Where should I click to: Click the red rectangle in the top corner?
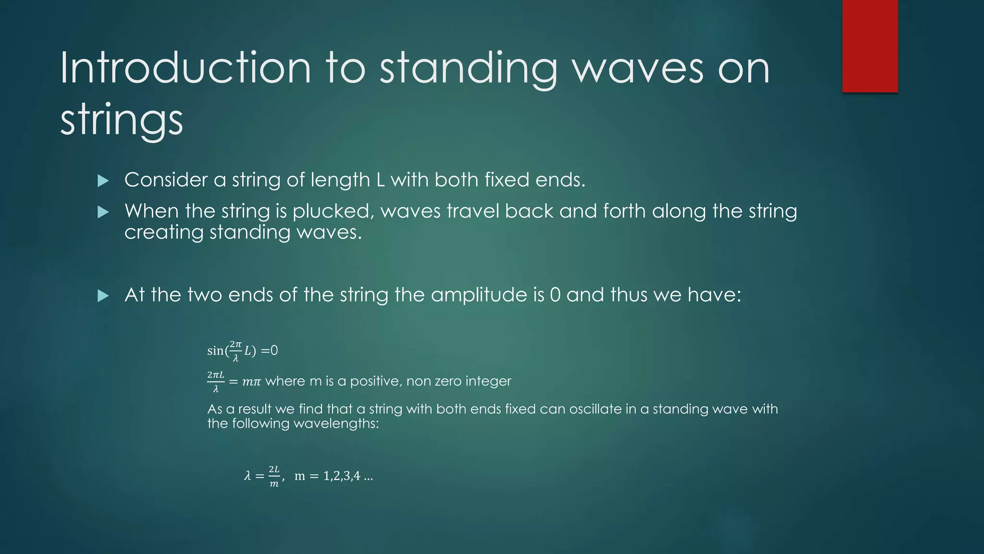pos(870,46)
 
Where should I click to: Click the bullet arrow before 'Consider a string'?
pos(103,181)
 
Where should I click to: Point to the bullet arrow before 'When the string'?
pos(103,212)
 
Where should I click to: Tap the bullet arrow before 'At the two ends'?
pos(103,296)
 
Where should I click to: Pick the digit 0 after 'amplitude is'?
pos(555,295)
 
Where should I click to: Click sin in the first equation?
pos(215,351)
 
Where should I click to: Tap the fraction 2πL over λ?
pos(216,381)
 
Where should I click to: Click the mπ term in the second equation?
pos(251,382)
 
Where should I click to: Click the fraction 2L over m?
pos(274,476)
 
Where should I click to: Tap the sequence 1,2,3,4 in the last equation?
pos(342,476)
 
